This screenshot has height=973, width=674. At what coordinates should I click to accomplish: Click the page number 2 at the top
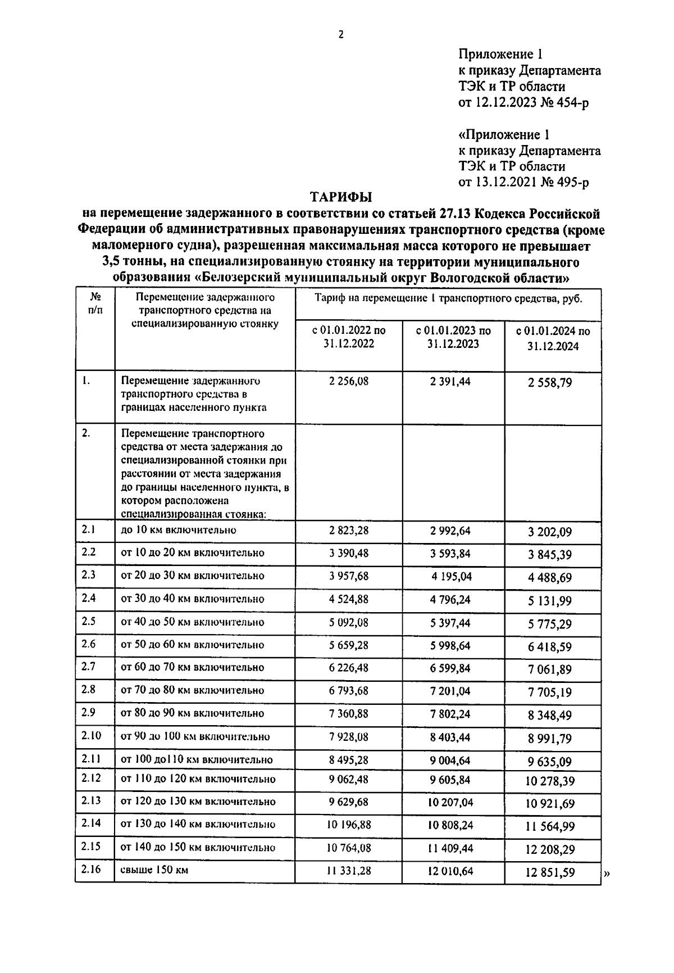[x=340, y=35]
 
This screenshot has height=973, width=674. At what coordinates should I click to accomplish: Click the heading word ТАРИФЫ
[x=342, y=197]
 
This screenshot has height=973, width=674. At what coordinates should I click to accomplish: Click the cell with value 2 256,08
[x=349, y=382]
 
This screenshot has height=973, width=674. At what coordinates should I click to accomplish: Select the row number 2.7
[x=89, y=667]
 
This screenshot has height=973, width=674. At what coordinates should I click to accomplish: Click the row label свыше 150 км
[x=154, y=870]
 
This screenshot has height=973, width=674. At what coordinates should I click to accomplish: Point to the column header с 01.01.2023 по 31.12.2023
[x=453, y=337]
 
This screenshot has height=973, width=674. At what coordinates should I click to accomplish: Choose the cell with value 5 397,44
[x=450, y=623]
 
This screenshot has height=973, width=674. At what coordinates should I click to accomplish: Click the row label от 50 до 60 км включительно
[x=193, y=645]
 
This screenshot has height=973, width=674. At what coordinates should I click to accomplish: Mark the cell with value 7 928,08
[x=349, y=736]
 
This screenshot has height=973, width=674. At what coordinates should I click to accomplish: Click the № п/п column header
[x=95, y=302]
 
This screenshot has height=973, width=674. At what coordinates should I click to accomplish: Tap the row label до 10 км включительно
[x=179, y=530]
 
